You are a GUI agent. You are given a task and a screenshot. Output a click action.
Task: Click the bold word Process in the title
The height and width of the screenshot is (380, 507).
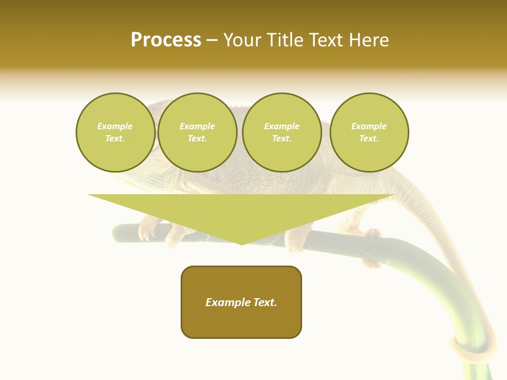coord(166,40)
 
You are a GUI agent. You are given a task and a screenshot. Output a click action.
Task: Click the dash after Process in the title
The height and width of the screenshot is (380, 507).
coord(212,41)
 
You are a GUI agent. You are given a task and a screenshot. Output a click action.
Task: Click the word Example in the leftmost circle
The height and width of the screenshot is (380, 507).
coord(115,126)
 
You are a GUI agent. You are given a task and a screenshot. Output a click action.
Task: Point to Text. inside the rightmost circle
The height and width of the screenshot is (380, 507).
coord(369,138)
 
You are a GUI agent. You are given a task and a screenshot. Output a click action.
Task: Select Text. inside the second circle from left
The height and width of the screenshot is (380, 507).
coord(197,138)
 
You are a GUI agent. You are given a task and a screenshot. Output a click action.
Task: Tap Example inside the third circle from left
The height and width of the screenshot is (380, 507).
coord(281,126)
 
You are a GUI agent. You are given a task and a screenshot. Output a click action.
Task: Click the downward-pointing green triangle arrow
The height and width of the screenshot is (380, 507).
coord(241,214)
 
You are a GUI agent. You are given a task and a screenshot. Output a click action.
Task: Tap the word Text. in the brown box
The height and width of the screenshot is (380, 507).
coord(265,302)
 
